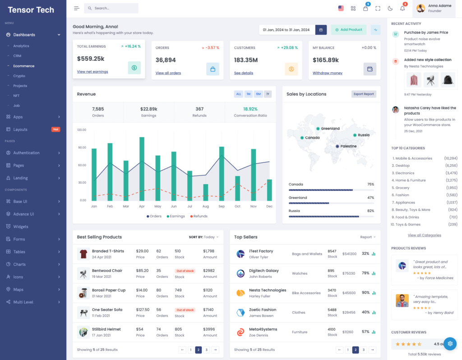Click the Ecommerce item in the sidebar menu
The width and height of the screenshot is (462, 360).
pyautogui.click(x=23, y=66)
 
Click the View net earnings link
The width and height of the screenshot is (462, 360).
pyautogui.click(x=92, y=72)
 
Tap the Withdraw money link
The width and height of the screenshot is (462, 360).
pyautogui.click(x=327, y=73)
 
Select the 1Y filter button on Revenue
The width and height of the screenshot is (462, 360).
pyautogui.click(x=268, y=94)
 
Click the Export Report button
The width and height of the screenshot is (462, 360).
pyautogui.click(x=364, y=94)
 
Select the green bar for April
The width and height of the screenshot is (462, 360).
pyautogui.click(x=142, y=169)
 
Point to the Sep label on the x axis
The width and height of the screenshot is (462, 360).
pyautogui.click(x=222, y=206)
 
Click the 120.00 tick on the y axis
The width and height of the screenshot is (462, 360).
pyautogui.click(x=82, y=130)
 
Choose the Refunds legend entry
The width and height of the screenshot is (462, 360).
pyautogui.click(x=199, y=216)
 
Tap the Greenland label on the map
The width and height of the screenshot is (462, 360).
pyautogui.click(x=330, y=129)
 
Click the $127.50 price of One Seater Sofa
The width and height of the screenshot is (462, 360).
pyautogui.click(x=143, y=310)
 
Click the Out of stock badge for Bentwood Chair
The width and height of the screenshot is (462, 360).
pyautogui.click(x=185, y=271)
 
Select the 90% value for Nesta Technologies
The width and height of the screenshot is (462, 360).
pyautogui.click(x=365, y=293)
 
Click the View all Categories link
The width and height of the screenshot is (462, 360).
pyautogui.click(x=424, y=235)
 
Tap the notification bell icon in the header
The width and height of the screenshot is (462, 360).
pyautogui.click(x=402, y=8)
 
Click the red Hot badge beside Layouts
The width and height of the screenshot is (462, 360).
pyautogui.click(x=55, y=129)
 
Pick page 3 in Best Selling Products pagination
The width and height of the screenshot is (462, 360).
pyautogui.click(x=206, y=350)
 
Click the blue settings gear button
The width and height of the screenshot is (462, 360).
pyautogui.click(x=450, y=344)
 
